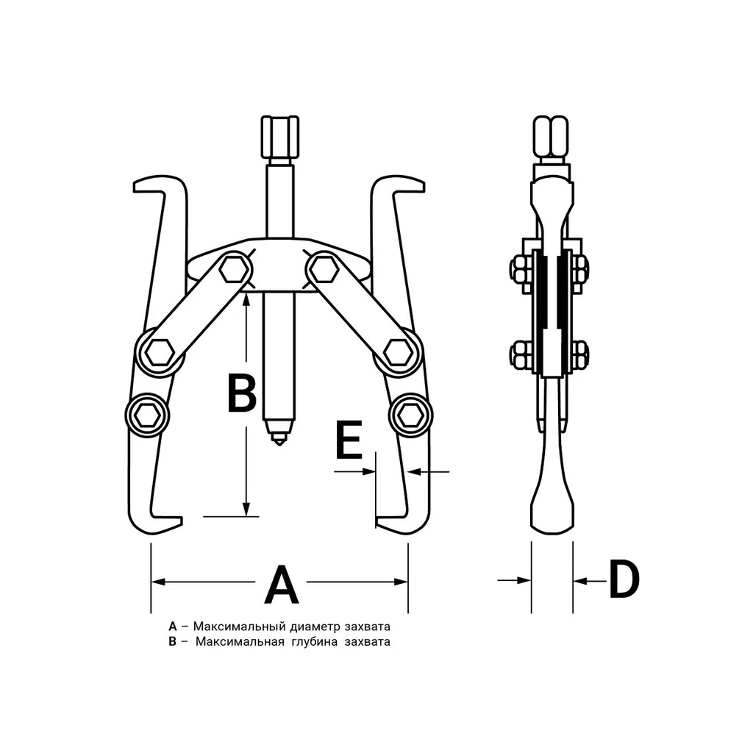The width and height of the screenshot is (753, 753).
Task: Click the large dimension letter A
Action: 282,585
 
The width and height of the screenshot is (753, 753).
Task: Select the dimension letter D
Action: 624,579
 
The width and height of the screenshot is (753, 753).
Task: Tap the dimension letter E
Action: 349,440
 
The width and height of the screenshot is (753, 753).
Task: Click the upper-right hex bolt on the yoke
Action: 322,269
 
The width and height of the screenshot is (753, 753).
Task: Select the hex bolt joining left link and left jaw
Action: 159,353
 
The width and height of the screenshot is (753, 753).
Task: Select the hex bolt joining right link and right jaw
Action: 398,353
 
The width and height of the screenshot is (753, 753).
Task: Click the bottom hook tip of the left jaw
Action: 182,521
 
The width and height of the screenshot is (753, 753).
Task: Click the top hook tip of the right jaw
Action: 423,185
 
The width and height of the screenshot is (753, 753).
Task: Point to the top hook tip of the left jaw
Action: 135,185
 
